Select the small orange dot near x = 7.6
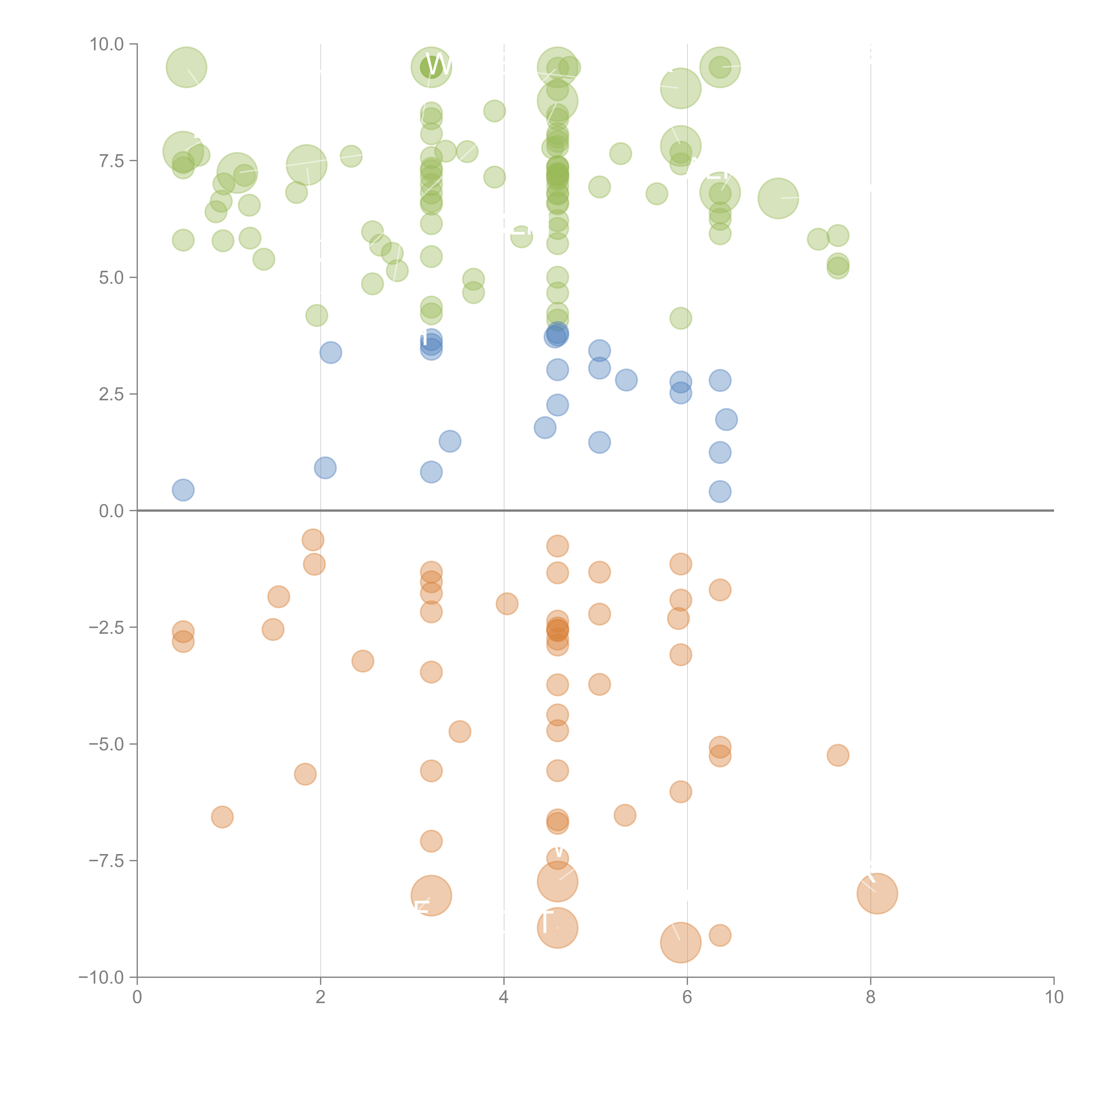[x=838, y=755]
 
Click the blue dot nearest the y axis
[x=183, y=490]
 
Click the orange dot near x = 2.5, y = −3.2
[x=363, y=661]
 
